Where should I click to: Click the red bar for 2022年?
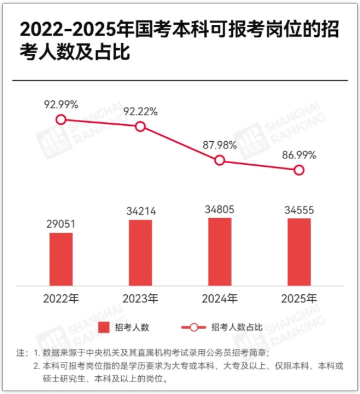pos(61,259)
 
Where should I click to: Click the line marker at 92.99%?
pos(61,120)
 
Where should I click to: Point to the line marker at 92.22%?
pos(140,126)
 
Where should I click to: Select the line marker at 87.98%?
pos(220,160)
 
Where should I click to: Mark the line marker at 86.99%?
pos(299,170)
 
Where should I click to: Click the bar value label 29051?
pos(61,224)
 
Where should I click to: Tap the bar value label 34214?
pos(140,211)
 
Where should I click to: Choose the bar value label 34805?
pos(220,209)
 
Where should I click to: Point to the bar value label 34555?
pos(299,209)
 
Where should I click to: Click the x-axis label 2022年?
pos(61,298)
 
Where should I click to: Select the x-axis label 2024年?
pos(220,298)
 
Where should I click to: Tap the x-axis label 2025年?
pos(299,298)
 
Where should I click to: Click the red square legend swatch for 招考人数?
pos(104,327)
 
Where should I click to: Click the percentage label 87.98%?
pos(220,145)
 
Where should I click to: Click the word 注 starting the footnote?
pos(20,352)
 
